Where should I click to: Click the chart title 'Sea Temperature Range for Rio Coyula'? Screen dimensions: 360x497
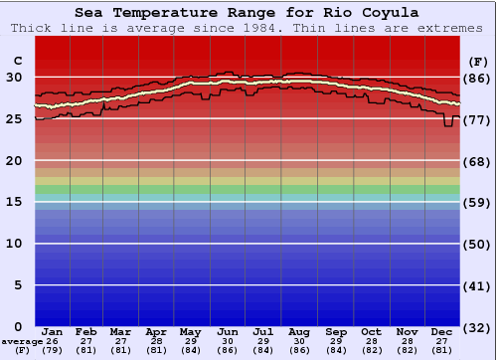click(247, 13)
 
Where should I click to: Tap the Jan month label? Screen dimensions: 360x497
click(53, 331)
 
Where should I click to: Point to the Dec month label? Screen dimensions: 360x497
click(442, 331)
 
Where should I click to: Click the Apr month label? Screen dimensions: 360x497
click(157, 331)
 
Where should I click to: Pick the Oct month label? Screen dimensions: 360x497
click(371, 331)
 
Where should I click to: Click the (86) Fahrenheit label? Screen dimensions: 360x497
click(478, 78)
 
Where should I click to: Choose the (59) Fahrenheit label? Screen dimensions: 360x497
click(478, 202)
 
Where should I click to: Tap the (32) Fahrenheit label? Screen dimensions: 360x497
click(478, 327)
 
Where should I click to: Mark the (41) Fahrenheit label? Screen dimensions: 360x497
click(478, 285)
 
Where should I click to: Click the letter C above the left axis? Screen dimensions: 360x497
click(16, 61)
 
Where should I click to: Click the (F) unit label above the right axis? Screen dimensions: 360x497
click(478, 61)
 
